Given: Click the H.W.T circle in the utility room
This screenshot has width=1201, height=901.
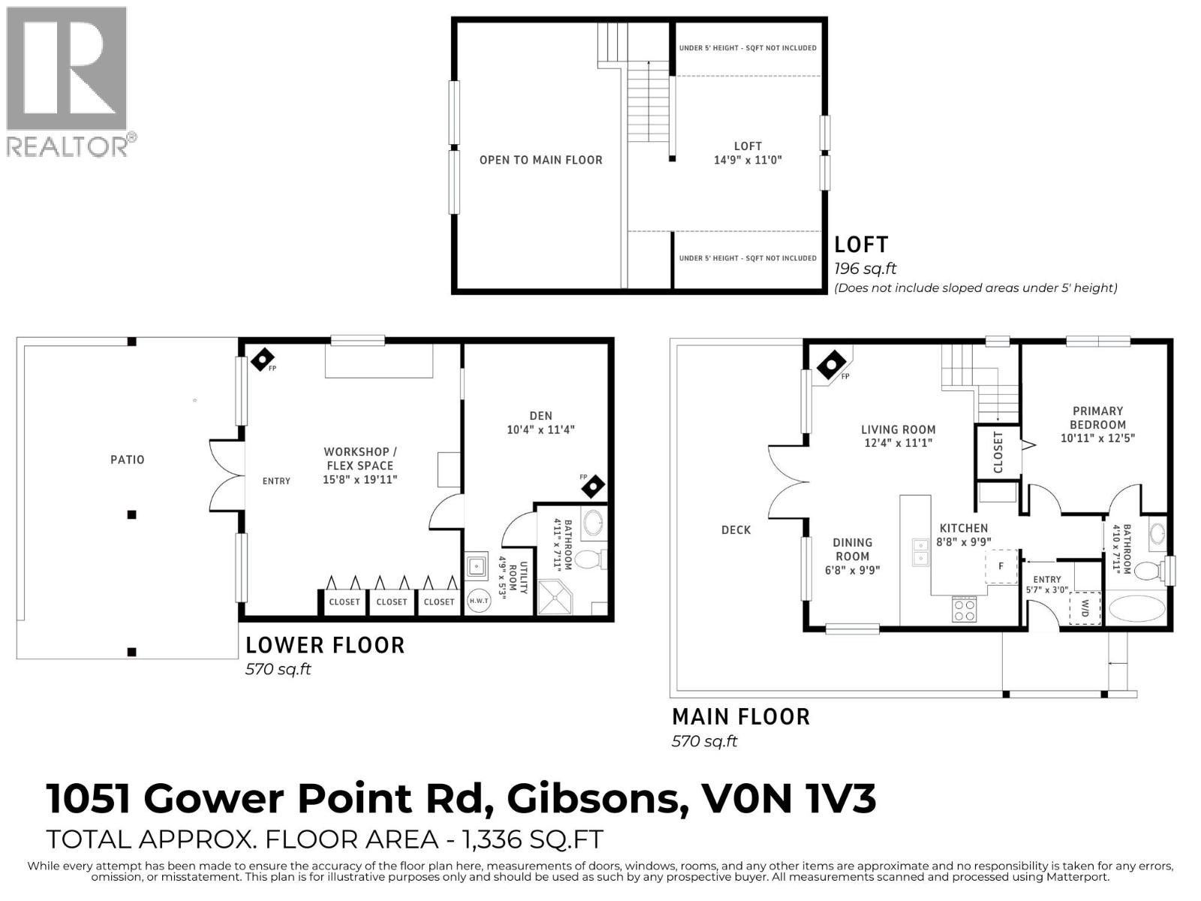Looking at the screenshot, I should [479, 600].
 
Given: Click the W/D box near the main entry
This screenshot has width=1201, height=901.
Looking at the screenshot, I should [1085, 608].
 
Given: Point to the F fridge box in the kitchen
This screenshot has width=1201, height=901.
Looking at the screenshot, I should [1001, 566].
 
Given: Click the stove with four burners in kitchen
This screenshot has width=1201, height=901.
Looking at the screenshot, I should [964, 609].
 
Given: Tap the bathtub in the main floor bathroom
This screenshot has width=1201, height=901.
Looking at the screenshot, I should [1139, 608].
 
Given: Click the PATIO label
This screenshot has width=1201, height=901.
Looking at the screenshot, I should [127, 460].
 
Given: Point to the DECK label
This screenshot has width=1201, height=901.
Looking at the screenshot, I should [736, 529].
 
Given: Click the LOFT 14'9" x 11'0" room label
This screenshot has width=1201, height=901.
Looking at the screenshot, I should [748, 152].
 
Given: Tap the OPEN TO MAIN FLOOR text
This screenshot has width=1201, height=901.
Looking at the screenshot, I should [540, 160].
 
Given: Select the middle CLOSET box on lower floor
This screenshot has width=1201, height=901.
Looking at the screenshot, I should [392, 602].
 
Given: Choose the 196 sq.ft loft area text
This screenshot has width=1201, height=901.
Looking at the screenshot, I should [865, 269].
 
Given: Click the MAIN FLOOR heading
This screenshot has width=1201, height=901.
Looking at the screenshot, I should [741, 717].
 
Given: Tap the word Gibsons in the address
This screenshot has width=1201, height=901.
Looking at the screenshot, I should [593, 798].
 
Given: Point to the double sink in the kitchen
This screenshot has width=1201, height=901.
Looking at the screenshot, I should [920, 552].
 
